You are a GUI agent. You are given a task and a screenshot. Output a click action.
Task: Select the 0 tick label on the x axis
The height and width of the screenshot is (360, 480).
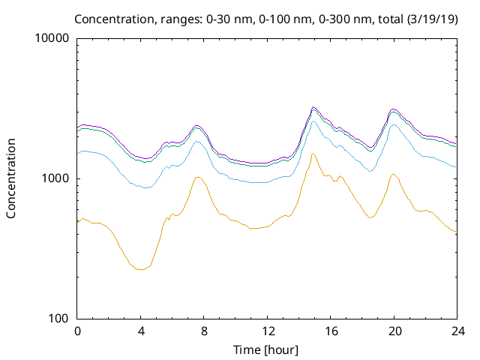[77, 331]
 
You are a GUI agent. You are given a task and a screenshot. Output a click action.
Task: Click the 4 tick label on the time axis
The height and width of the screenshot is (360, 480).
[140, 331]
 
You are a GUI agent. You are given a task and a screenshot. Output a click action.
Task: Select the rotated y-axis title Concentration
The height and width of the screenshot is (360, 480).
[11, 178]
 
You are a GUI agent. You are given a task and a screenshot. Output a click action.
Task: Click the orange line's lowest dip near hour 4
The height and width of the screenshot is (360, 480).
[140, 269]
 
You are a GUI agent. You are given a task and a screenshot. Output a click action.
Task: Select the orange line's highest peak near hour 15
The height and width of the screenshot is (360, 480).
[313, 154]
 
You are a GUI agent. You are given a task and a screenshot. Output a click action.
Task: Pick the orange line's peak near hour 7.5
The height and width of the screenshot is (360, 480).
[197, 177]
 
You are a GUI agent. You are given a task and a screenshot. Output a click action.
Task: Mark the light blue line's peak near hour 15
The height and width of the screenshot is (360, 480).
[313, 121]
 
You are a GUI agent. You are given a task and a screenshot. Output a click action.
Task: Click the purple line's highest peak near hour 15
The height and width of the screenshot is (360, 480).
[313, 107]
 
